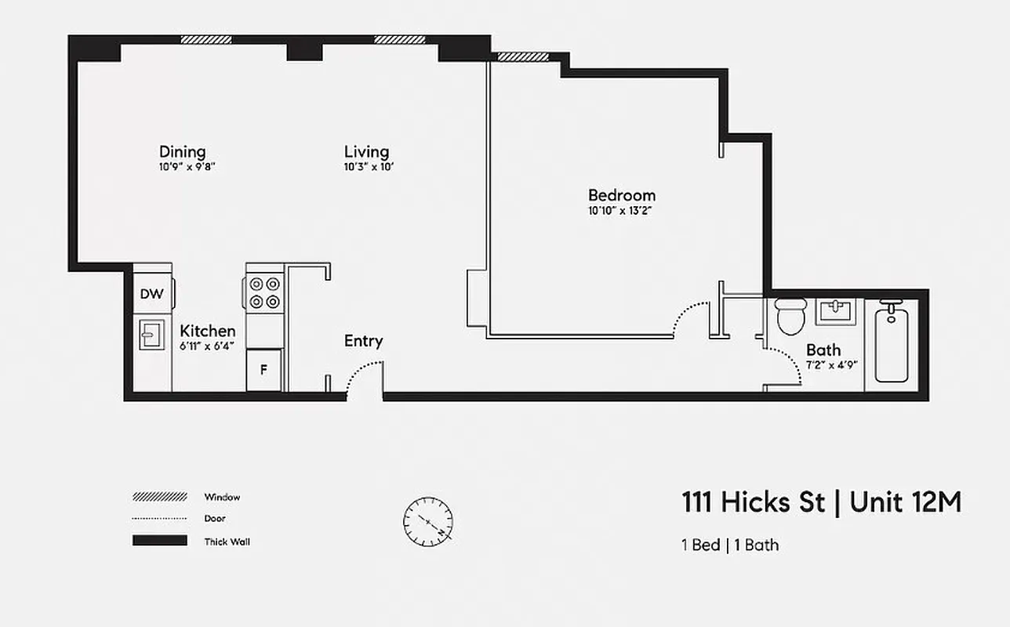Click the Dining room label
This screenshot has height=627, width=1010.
pos(182,151)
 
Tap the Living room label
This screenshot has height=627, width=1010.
pos(366,151)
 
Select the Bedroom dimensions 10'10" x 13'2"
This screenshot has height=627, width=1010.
pos(621,210)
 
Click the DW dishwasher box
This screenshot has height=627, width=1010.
pos(151,294)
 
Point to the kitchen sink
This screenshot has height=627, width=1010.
pos(151,335)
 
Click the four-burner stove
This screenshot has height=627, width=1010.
pos(265,292)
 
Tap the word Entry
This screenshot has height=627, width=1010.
pos(363,341)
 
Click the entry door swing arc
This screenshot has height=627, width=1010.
pos(365,371)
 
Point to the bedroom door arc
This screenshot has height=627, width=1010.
pos(692,316)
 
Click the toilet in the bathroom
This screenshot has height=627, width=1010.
pos(789,315)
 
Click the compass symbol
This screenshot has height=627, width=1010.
pos(428,521)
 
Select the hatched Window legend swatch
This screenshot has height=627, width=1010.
pos(160,497)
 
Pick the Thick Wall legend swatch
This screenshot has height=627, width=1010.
pos(160,541)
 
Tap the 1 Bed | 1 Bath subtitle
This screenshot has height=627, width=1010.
pos(729,545)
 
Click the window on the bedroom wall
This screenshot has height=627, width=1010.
pos(523,57)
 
